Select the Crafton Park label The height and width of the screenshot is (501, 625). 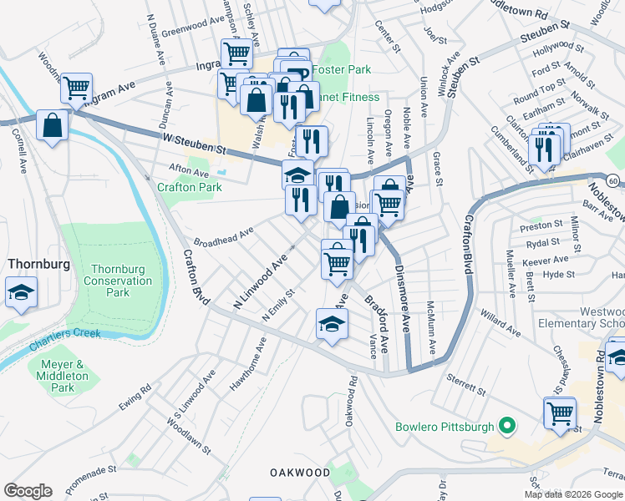(x=190, y=187)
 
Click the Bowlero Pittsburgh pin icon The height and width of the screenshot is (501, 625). (x=506, y=428)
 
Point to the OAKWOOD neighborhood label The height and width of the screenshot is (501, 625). (x=300, y=473)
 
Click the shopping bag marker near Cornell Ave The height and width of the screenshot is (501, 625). (x=53, y=126)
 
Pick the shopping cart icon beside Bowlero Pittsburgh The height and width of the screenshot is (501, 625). (x=559, y=412)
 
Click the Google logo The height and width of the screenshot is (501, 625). (x=28, y=491)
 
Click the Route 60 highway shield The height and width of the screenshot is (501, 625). (x=613, y=180)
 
